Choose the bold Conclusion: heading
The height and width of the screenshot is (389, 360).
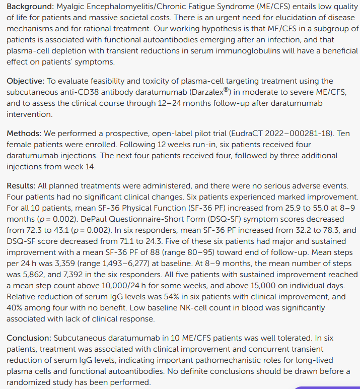tap(29, 338)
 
